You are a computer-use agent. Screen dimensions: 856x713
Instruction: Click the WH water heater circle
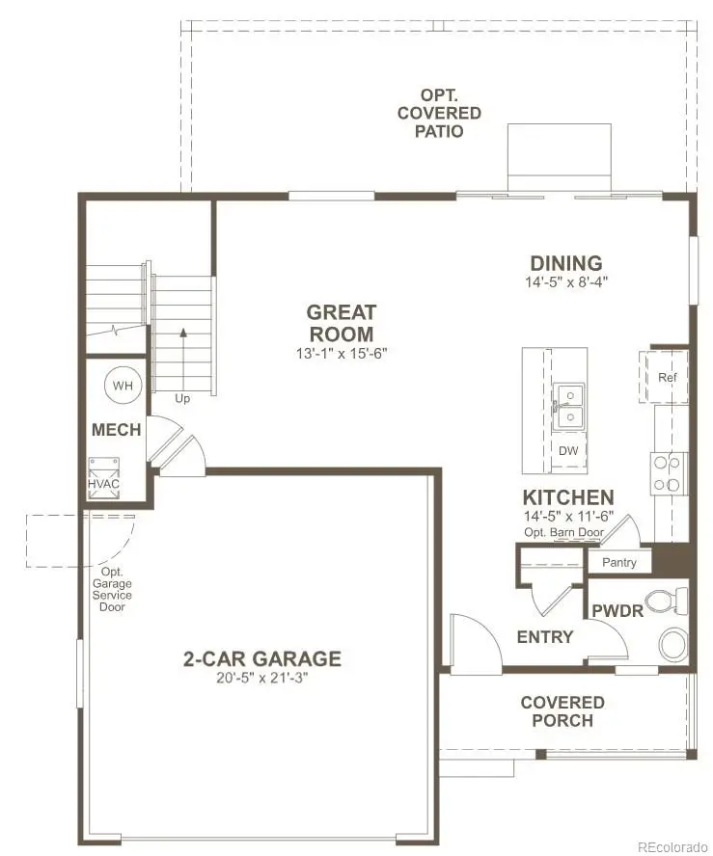pyautogui.click(x=122, y=385)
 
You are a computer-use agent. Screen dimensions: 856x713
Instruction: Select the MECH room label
pyautogui.click(x=116, y=430)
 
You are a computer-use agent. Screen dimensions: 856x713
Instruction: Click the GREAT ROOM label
pyautogui.click(x=341, y=323)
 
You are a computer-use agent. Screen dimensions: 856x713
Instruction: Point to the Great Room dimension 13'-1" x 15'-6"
pyautogui.click(x=341, y=354)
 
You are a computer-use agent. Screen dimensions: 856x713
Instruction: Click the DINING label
pyautogui.click(x=566, y=263)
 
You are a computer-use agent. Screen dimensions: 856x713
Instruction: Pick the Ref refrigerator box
pyautogui.click(x=666, y=377)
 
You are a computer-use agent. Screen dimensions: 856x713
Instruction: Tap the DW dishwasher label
pyautogui.click(x=567, y=450)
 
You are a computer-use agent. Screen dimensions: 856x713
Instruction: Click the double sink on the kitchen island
pyautogui.click(x=567, y=405)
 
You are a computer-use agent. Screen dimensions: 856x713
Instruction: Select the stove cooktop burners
pyautogui.click(x=665, y=473)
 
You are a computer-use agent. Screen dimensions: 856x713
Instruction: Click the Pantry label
pyautogui.click(x=618, y=562)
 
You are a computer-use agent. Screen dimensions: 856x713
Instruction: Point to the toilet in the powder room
pyautogui.click(x=663, y=602)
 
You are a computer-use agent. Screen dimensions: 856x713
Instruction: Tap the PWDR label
pyautogui.click(x=611, y=611)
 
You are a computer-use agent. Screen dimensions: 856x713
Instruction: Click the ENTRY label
pyautogui.click(x=545, y=637)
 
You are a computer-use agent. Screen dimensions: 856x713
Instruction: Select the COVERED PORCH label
pyautogui.click(x=562, y=711)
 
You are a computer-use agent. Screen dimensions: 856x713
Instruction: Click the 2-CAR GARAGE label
pyautogui.click(x=261, y=659)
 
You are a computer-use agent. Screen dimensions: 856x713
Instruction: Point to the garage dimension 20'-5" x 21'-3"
pyautogui.click(x=261, y=679)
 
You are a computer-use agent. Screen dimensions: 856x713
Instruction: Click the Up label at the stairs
pyautogui.click(x=182, y=397)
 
